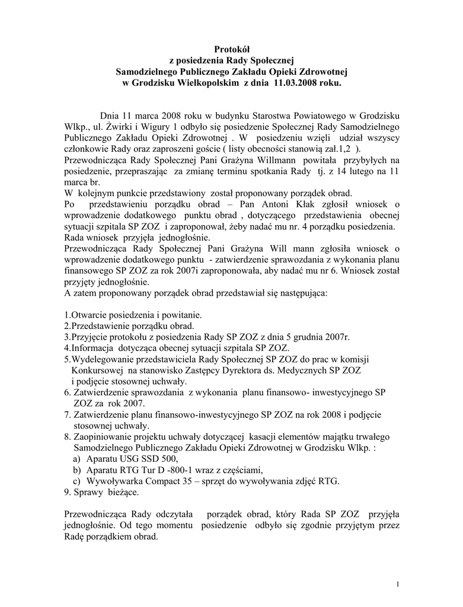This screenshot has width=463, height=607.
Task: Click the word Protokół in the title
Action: (231, 49)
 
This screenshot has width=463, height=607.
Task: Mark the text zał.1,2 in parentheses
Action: (334, 149)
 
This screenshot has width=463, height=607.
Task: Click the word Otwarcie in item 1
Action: (88, 315)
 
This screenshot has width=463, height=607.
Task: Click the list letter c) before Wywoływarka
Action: (75, 481)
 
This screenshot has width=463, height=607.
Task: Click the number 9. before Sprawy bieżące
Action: (66, 492)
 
